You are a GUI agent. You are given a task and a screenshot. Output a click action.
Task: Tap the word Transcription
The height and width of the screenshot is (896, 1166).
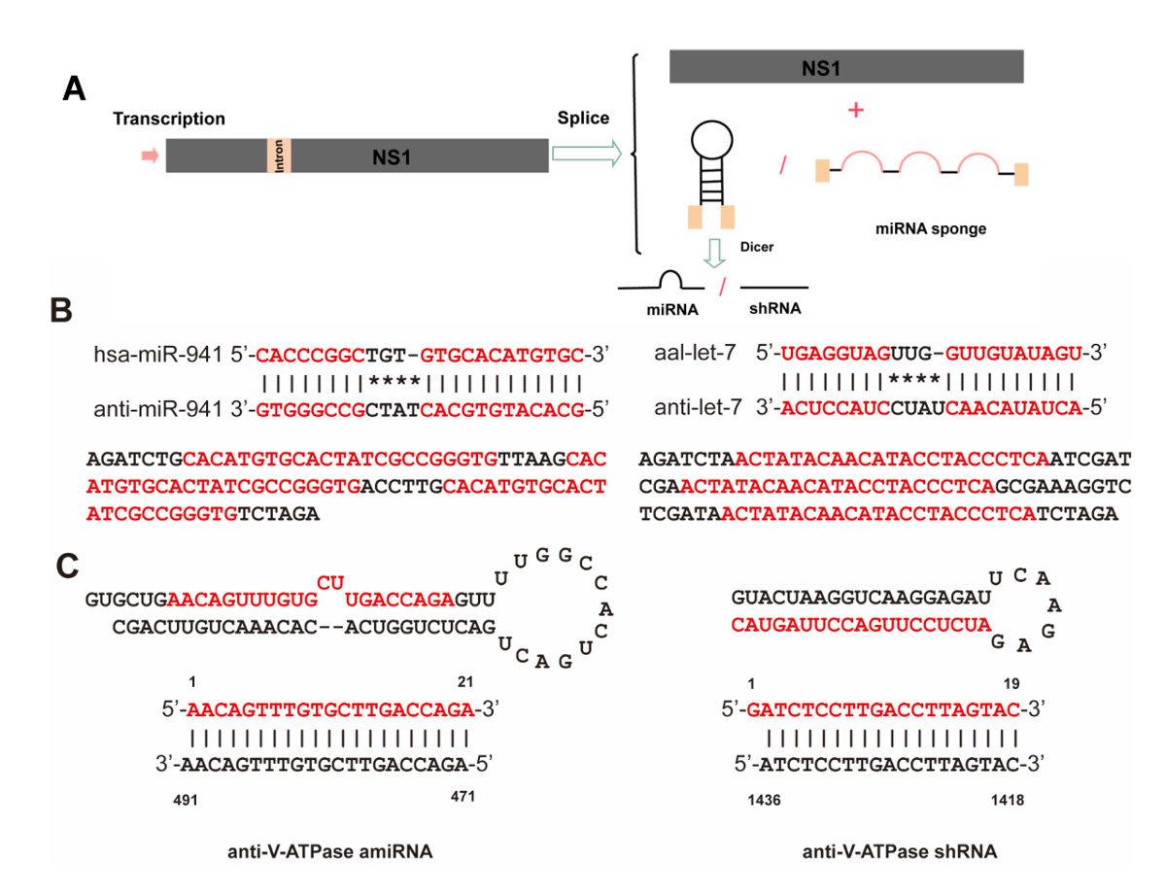pyautogui.click(x=169, y=119)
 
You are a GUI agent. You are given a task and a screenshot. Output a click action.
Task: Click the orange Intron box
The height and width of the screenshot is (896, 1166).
pyautogui.click(x=279, y=155)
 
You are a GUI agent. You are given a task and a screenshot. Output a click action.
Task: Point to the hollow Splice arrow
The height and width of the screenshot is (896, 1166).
pyautogui.click(x=586, y=154)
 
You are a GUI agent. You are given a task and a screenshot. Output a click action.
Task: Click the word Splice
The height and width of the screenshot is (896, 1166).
pyautogui.click(x=583, y=119)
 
